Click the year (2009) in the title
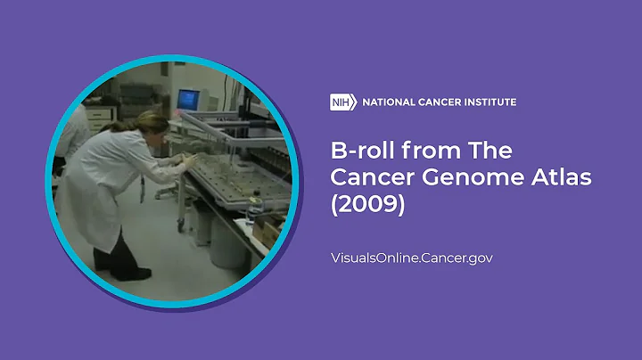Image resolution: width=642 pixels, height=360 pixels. [367, 205]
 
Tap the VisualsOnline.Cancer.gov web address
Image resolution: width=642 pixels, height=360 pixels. [412, 258]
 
